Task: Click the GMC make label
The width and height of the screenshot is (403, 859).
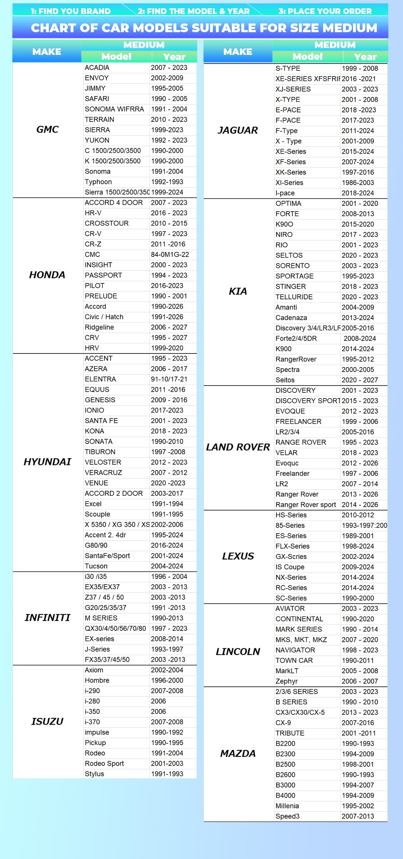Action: [47, 129]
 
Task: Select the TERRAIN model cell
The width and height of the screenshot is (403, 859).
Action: [99, 120]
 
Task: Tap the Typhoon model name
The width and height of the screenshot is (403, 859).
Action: [98, 182]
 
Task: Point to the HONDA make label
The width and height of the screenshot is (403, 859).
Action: [47, 275]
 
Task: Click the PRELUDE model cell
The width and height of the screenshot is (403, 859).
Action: [101, 296]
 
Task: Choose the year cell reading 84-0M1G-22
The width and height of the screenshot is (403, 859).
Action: [170, 255]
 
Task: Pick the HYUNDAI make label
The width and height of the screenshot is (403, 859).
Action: [47, 462]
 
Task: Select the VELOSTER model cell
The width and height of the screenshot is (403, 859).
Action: [103, 462]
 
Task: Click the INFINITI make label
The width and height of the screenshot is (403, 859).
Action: [47, 618]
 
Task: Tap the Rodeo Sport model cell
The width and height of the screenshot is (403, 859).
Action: [104, 764]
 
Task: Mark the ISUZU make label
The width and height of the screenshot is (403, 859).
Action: [47, 721]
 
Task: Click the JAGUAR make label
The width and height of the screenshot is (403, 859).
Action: [238, 130]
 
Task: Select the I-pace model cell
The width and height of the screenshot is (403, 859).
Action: [285, 193]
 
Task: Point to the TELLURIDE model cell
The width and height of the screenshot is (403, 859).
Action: [294, 297]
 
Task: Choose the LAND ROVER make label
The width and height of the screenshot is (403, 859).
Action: [238, 447]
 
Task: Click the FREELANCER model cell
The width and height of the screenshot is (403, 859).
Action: [298, 422]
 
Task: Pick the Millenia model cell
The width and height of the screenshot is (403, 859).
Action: [287, 806]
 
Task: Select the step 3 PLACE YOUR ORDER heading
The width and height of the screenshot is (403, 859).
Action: [325, 11]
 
